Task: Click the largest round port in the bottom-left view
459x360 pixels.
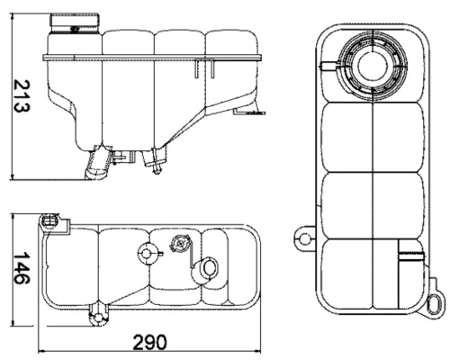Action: pos(208,268)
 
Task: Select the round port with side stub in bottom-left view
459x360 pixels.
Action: pos(145,253)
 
